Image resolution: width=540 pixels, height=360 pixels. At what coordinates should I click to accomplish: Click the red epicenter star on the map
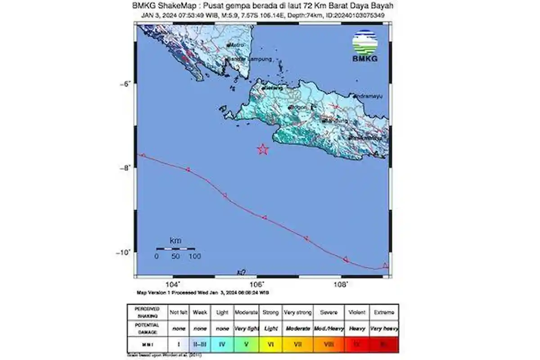[x=263, y=149]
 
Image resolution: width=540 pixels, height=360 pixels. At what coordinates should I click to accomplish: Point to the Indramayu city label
[x=370, y=96]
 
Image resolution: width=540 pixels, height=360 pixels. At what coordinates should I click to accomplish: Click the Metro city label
[x=237, y=45]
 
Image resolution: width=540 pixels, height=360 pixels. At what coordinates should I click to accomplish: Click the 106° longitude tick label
[x=257, y=284]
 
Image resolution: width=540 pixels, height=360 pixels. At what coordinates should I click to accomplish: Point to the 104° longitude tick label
[x=173, y=284]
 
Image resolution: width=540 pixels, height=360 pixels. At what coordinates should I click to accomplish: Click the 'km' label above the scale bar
[x=175, y=241]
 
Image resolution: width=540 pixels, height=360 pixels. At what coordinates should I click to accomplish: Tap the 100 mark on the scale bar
[x=195, y=256]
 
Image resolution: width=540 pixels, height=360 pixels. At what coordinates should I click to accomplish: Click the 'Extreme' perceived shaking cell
[x=384, y=312]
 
